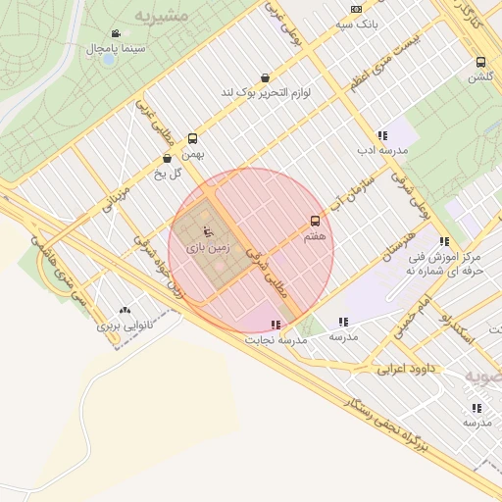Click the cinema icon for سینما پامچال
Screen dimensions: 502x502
[117, 32]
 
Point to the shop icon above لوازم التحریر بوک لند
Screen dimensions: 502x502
[265, 77]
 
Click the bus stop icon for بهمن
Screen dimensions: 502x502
[191, 139]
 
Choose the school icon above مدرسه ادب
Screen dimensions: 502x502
[381, 135]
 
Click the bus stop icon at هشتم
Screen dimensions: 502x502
[315, 222]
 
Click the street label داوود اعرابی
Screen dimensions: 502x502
[406, 370]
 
